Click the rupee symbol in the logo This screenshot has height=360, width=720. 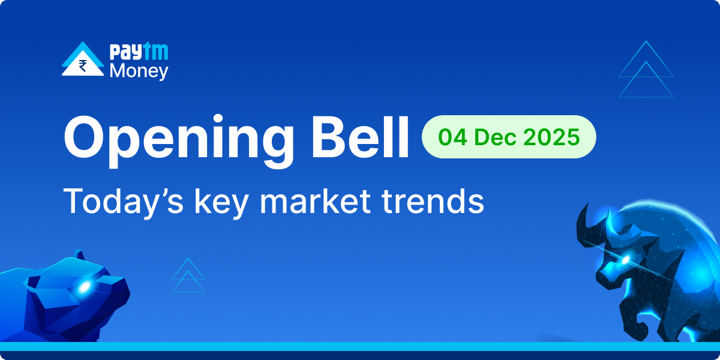pos(83,65)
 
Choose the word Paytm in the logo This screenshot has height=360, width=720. pos(139,52)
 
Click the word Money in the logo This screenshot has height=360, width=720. pos(139,71)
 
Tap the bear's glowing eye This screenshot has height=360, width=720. pos(83,287)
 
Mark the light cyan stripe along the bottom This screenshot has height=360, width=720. pos(360,346)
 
